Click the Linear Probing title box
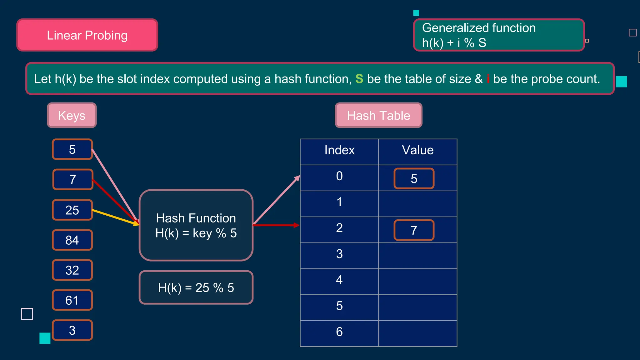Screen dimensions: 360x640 tap(87, 35)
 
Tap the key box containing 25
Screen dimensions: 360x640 tap(72, 210)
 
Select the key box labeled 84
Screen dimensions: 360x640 tap(72, 240)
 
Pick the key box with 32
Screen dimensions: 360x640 tap(72, 270)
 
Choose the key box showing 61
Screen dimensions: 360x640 tap(72, 300)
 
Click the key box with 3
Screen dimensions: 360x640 tap(72, 330)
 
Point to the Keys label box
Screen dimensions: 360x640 tap(72, 115)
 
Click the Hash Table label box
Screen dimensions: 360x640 tap(378, 115)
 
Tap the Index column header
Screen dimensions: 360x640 tap(339, 150)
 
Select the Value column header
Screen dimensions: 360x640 tap(418, 150)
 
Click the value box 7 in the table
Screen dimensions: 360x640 tap(414, 230)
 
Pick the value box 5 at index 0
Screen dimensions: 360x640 tap(414, 179)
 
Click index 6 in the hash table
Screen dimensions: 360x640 tap(339, 332)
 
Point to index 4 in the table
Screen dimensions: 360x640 tap(339, 280)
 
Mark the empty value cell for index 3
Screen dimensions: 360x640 tap(418, 256)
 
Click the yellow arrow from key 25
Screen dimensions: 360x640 tap(116, 217)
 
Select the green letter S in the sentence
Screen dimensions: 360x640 tap(359, 79)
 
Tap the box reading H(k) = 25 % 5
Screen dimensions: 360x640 tap(196, 287)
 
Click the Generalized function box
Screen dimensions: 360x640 tap(499, 35)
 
